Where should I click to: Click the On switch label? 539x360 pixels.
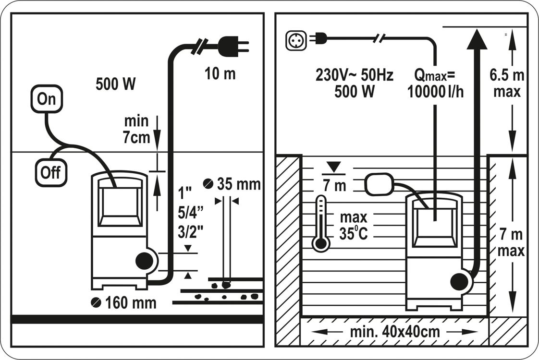coord(47,99)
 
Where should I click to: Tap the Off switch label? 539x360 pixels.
coord(50,172)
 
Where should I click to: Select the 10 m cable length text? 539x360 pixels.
coord(220,74)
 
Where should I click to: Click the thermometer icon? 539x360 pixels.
coord(321,223)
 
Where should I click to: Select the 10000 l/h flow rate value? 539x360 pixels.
coord(435,92)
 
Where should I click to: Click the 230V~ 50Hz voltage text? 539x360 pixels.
coord(354,75)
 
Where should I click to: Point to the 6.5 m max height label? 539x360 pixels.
coord(507,83)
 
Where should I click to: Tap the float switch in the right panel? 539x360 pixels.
coord(379,184)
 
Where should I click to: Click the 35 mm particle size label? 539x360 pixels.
coord(234,184)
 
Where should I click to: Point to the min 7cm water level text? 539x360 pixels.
coord(136,129)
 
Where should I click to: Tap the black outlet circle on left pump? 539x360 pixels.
coord(144,261)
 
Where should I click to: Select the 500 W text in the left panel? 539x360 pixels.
coord(116,84)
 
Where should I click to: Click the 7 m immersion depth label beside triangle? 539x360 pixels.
coord(335,186)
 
